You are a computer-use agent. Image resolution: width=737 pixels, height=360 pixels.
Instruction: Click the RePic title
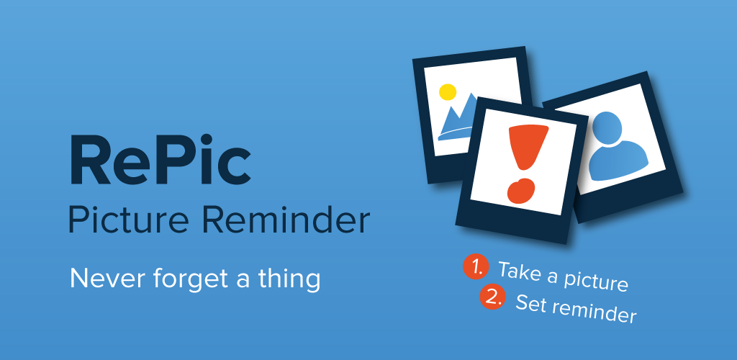coord(160,161)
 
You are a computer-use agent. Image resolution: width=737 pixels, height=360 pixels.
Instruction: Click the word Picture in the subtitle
coord(127,221)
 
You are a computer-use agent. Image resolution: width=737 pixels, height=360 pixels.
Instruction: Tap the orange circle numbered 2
coord(493,297)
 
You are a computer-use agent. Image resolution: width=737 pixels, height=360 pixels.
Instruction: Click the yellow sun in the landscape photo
coord(448,92)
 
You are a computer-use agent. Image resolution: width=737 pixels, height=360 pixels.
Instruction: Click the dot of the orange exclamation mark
coord(521,191)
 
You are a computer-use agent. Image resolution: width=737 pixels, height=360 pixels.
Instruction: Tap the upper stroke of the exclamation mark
coord(528,148)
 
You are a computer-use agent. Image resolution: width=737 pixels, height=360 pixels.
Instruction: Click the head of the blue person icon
coord(607,128)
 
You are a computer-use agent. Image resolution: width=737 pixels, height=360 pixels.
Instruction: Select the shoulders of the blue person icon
coord(618,161)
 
